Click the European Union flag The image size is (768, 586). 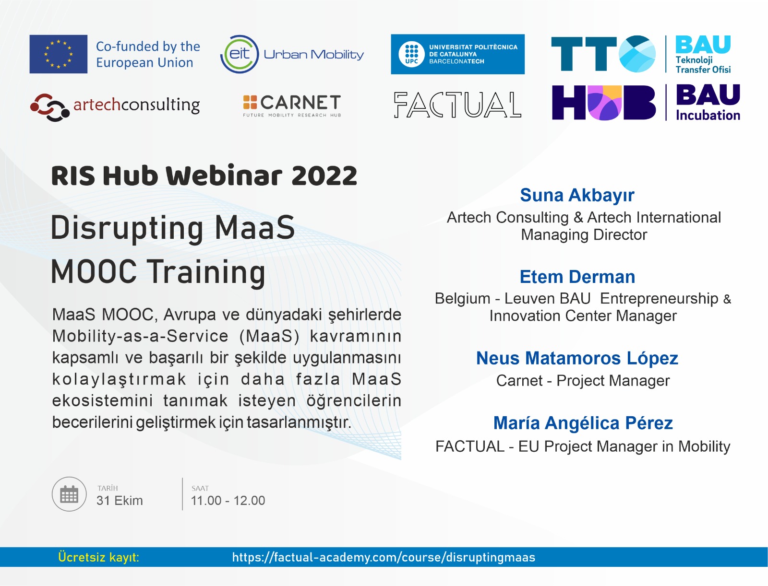click(59, 54)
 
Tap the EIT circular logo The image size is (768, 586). click(240, 54)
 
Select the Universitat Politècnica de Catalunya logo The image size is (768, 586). click(457, 54)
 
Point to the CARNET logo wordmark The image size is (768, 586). click(292, 105)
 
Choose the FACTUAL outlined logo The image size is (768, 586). click(457, 105)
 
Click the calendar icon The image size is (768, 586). click(69, 494)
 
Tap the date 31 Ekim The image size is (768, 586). click(120, 501)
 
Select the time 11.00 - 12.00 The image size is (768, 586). click(228, 501)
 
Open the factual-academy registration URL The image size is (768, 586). click(384, 557)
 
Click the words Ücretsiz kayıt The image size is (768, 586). click(99, 557)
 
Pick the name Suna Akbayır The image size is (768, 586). click(577, 195)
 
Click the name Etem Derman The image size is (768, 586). click(577, 277)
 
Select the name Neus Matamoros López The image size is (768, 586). click(577, 359)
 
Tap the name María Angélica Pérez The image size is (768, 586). click(583, 423)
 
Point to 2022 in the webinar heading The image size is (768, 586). click(324, 176)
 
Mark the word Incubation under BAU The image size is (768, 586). click(708, 115)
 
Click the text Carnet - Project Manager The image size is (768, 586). click(583, 381)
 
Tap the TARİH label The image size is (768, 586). click(108, 488)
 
